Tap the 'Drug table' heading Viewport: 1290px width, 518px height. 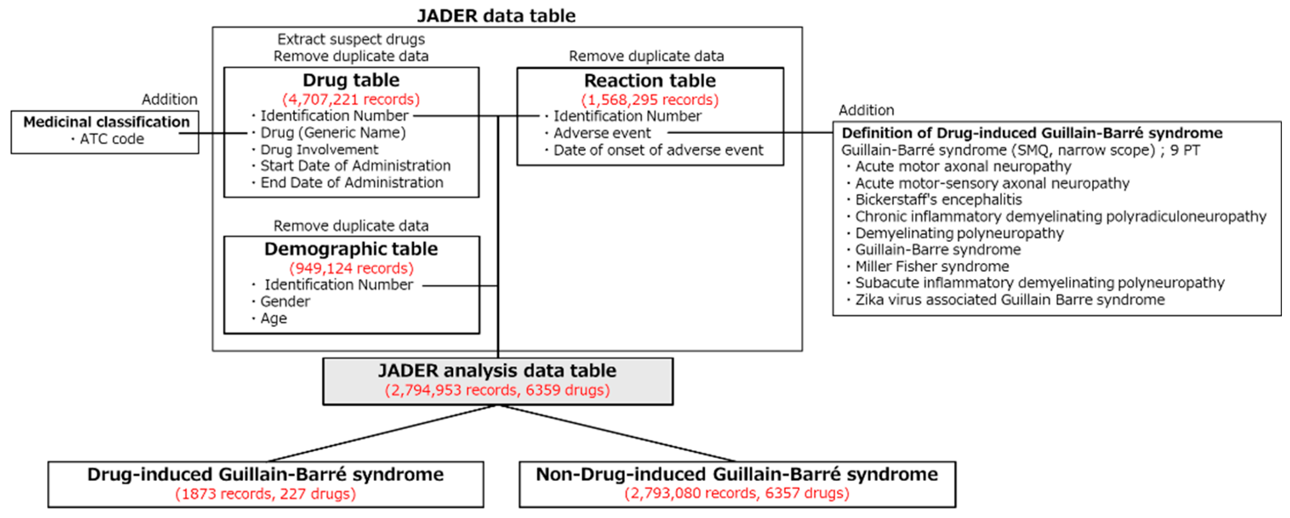click(x=350, y=80)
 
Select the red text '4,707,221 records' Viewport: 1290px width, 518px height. click(x=350, y=99)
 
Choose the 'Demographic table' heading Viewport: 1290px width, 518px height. click(x=350, y=249)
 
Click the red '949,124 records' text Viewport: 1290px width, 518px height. click(x=351, y=268)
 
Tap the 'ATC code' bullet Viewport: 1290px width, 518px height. click(x=111, y=139)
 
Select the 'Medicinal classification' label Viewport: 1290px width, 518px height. click(x=106, y=122)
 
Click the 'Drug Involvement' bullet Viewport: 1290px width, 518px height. click(x=319, y=149)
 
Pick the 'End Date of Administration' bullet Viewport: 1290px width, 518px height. click(x=351, y=183)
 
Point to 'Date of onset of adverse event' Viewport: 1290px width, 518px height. click(x=657, y=150)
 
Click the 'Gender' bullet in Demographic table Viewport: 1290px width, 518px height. click(x=284, y=301)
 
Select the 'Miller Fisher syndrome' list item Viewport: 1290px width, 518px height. click(x=931, y=266)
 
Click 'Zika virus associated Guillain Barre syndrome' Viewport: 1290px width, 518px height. click(x=1010, y=300)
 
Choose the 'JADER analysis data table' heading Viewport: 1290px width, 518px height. click(x=497, y=371)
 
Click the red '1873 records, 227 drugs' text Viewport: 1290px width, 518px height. click(x=265, y=494)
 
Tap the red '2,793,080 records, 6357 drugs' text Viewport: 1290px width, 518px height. click(x=737, y=493)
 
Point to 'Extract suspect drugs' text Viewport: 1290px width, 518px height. click(x=350, y=39)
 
